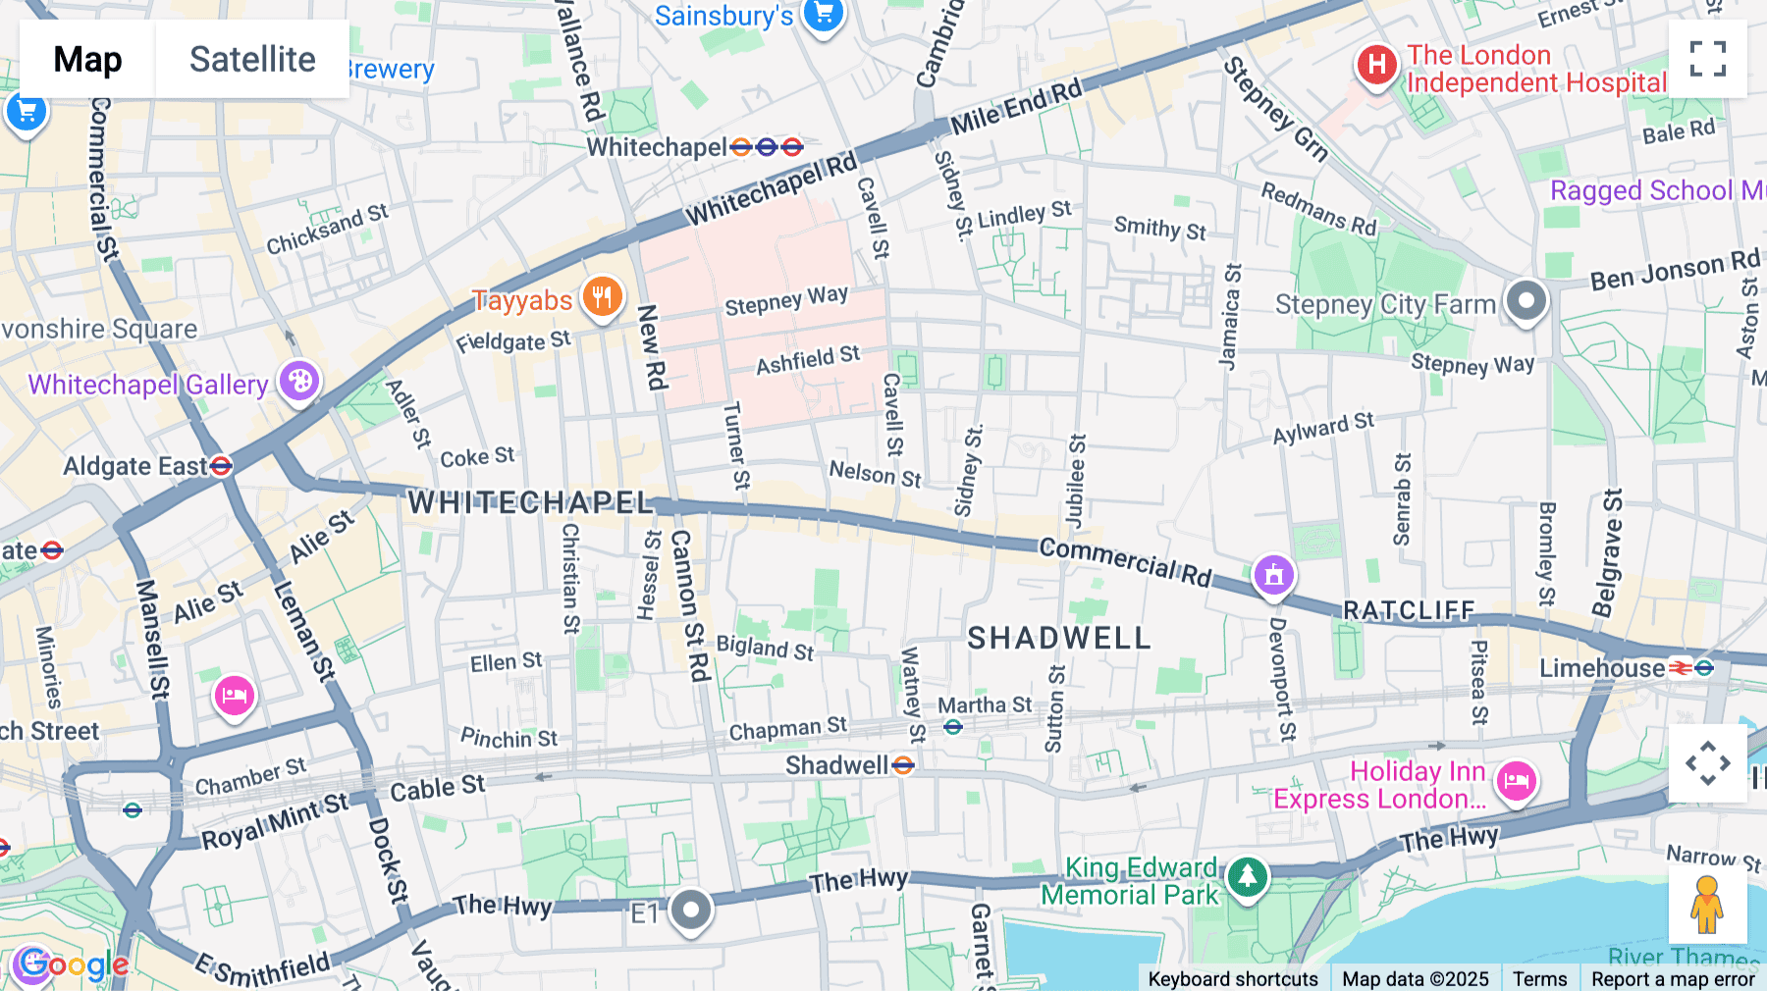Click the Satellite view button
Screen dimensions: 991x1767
[252, 60]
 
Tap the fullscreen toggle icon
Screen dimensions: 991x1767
[1707, 59]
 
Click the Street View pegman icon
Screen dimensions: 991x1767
[1706, 905]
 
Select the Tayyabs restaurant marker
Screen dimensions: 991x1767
[602, 296]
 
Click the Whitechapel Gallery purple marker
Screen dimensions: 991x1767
[299, 381]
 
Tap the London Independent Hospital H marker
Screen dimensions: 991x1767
[1376, 66]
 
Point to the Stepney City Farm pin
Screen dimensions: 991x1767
[1526, 300]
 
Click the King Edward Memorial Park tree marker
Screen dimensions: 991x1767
[1247, 875]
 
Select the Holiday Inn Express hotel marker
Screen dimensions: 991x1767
[1516, 782]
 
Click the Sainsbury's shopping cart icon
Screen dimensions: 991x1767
[823, 15]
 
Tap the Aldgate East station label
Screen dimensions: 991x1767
[135, 466]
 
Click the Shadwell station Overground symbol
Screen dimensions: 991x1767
[903, 765]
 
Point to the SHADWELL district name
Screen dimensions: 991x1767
[1058, 639]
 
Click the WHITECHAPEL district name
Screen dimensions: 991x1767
[530, 503]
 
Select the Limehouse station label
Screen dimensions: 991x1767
[1601, 668]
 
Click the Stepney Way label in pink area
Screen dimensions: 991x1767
[785, 301]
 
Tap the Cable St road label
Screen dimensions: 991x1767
[437, 789]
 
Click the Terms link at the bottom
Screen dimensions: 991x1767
[1539, 978]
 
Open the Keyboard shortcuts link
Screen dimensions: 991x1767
[1232, 978]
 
